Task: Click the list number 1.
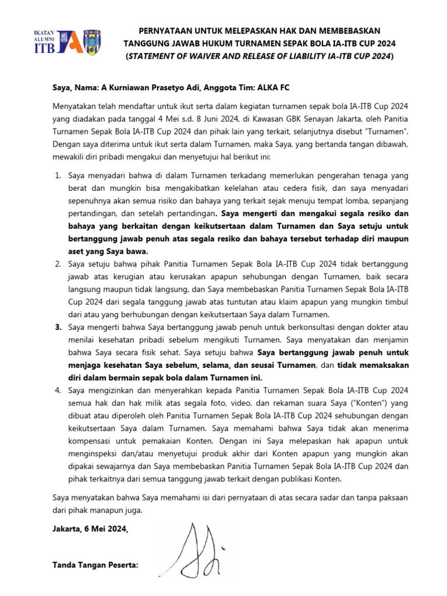58,175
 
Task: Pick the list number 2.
58,264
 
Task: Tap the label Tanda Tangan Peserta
95,565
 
